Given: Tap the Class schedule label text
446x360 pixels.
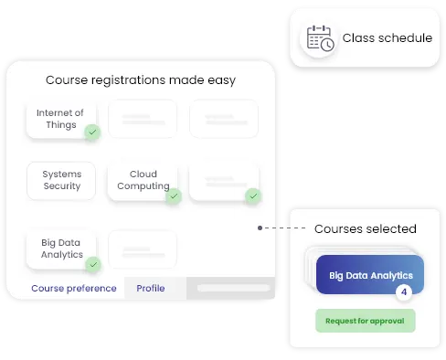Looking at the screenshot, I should click(388, 38).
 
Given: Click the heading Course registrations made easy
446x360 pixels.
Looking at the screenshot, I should click(141, 79).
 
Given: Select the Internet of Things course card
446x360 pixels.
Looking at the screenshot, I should click(60, 119).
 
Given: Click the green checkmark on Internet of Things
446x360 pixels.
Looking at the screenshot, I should click(92, 132).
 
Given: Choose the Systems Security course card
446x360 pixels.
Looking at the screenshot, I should click(61, 180).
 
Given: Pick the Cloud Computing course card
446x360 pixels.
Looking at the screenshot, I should click(143, 180).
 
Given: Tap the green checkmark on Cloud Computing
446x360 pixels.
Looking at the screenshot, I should click(173, 196).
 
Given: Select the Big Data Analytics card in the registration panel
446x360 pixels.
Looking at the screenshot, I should click(61, 249).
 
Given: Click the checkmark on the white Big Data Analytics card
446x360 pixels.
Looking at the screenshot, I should click(92, 264).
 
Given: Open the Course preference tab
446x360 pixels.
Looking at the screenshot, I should click(74, 289).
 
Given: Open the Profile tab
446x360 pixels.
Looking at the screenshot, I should click(151, 289).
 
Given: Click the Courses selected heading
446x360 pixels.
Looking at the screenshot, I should click(366, 229).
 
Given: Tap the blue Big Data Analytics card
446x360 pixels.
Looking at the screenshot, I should click(369, 274).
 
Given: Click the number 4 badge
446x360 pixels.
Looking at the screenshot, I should click(404, 293).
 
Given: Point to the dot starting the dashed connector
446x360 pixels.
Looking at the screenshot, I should click(260, 228).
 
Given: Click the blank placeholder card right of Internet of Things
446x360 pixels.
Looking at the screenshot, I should click(142, 119).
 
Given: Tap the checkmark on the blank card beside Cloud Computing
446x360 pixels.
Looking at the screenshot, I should click(253, 196).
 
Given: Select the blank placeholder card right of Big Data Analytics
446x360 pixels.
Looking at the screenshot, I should click(142, 249).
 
